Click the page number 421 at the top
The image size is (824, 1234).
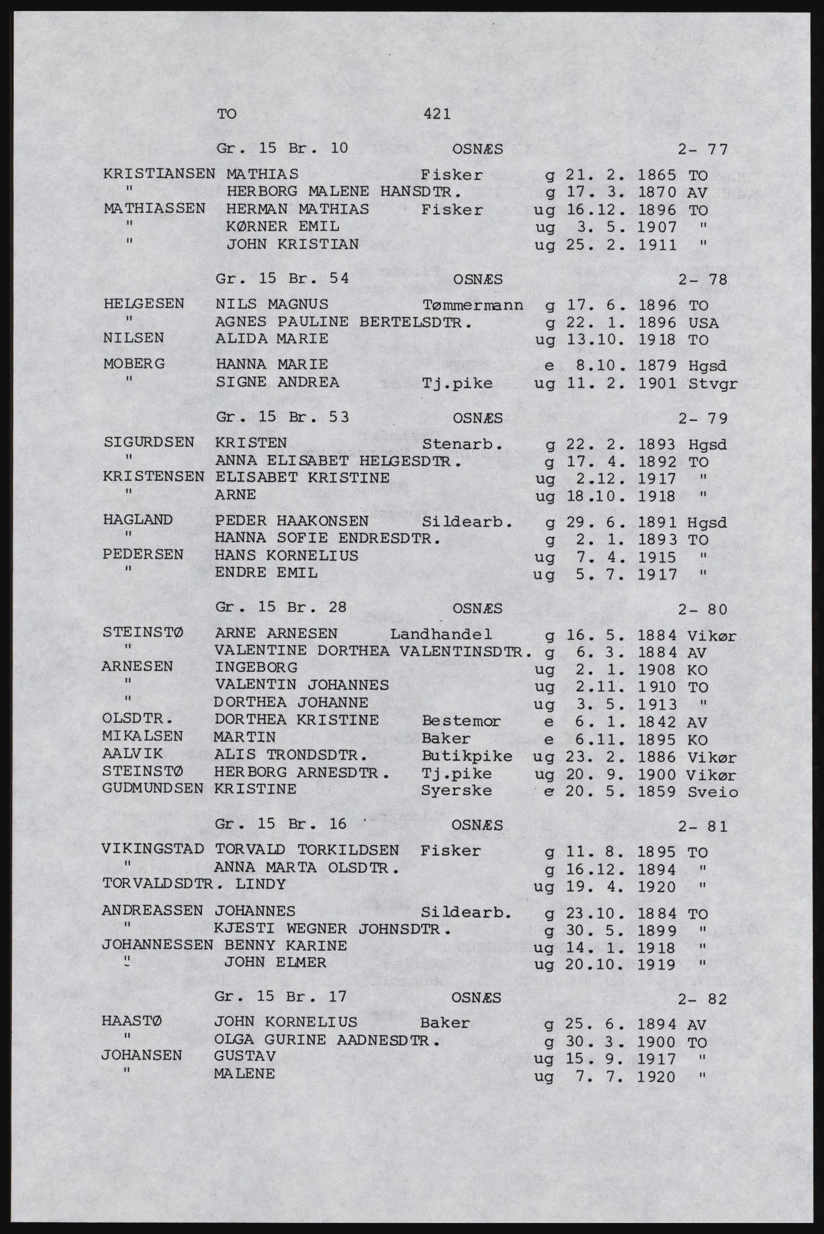[x=437, y=113]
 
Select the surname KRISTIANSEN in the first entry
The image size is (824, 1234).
[x=160, y=174]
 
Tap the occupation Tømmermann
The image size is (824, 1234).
[x=473, y=305]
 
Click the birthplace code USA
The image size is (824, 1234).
[x=703, y=323]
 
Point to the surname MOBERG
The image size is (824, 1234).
[x=134, y=364]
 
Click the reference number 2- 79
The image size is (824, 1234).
[x=702, y=418]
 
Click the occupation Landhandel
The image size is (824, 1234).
[x=441, y=634]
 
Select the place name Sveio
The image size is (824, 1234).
[x=712, y=791]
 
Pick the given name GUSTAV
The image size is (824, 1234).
[x=245, y=1056]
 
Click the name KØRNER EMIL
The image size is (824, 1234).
[x=282, y=227]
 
